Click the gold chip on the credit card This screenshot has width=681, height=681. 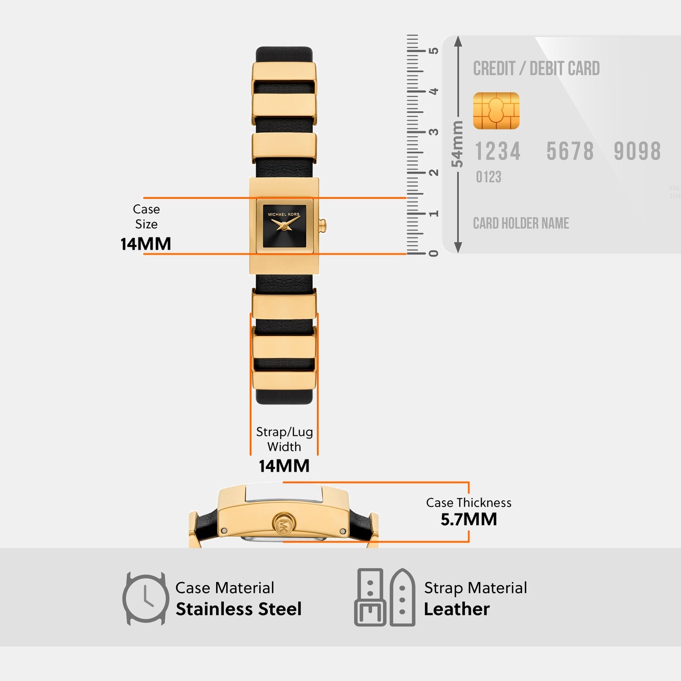(x=496, y=111)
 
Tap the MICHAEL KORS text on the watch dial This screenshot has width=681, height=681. (x=284, y=214)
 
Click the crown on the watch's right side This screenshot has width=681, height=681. (x=322, y=225)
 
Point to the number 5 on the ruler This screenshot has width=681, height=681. (x=434, y=50)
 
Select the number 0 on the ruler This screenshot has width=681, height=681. (x=434, y=253)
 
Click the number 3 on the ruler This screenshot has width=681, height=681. (x=434, y=132)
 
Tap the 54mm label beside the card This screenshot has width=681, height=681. (x=457, y=144)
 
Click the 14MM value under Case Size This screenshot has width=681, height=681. (x=146, y=244)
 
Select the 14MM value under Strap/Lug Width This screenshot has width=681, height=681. (x=284, y=466)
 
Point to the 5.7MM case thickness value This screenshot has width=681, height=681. (x=469, y=519)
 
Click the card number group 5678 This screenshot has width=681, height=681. (x=570, y=152)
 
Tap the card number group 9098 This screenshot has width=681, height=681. (x=637, y=152)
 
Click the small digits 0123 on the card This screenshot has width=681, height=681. (x=489, y=177)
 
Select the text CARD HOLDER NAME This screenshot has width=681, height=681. (x=521, y=223)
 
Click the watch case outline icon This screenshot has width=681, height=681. (x=145, y=598)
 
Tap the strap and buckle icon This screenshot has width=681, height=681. (x=385, y=597)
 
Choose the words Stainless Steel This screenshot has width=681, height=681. (x=239, y=609)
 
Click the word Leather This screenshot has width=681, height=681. (x=457, y=609)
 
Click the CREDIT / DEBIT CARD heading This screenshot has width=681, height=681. (x=536, y=69)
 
